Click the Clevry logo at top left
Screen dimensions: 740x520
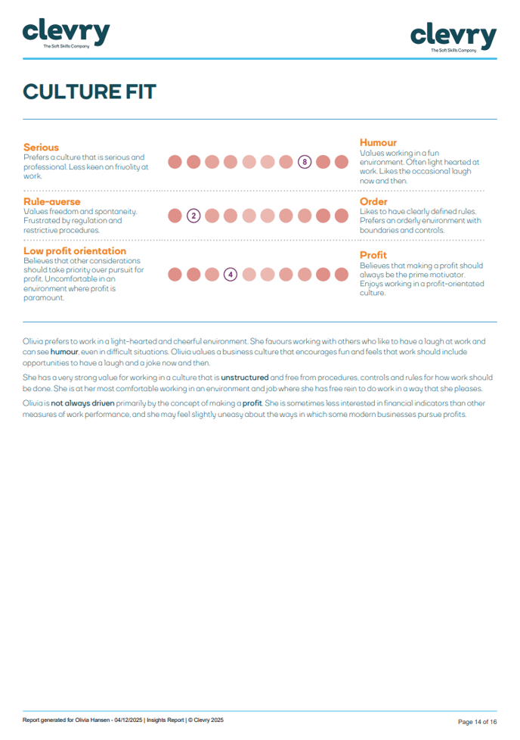pos(66,34)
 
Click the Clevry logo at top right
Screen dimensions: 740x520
pos(453,37)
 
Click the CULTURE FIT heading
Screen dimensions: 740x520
pos(89,92)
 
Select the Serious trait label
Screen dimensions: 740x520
pos(41,147)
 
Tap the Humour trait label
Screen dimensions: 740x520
pos(378,142)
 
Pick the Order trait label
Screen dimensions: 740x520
pos(373,202)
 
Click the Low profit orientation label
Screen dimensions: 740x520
pos(75,250)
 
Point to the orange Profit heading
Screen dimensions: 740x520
pos(373,255)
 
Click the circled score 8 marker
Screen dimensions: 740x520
pos(305,161)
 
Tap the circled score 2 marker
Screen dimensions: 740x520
pos(193,216)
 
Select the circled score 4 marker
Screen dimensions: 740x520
pos(231,274)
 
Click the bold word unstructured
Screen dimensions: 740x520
pos(244,377)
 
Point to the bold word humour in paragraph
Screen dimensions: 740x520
pos(64,352)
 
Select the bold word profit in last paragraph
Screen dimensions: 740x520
pos(252,403)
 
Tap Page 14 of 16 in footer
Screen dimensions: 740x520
pos(477,721)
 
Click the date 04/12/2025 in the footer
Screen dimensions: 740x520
pos(127,720)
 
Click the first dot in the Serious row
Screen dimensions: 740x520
pos(175,161)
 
